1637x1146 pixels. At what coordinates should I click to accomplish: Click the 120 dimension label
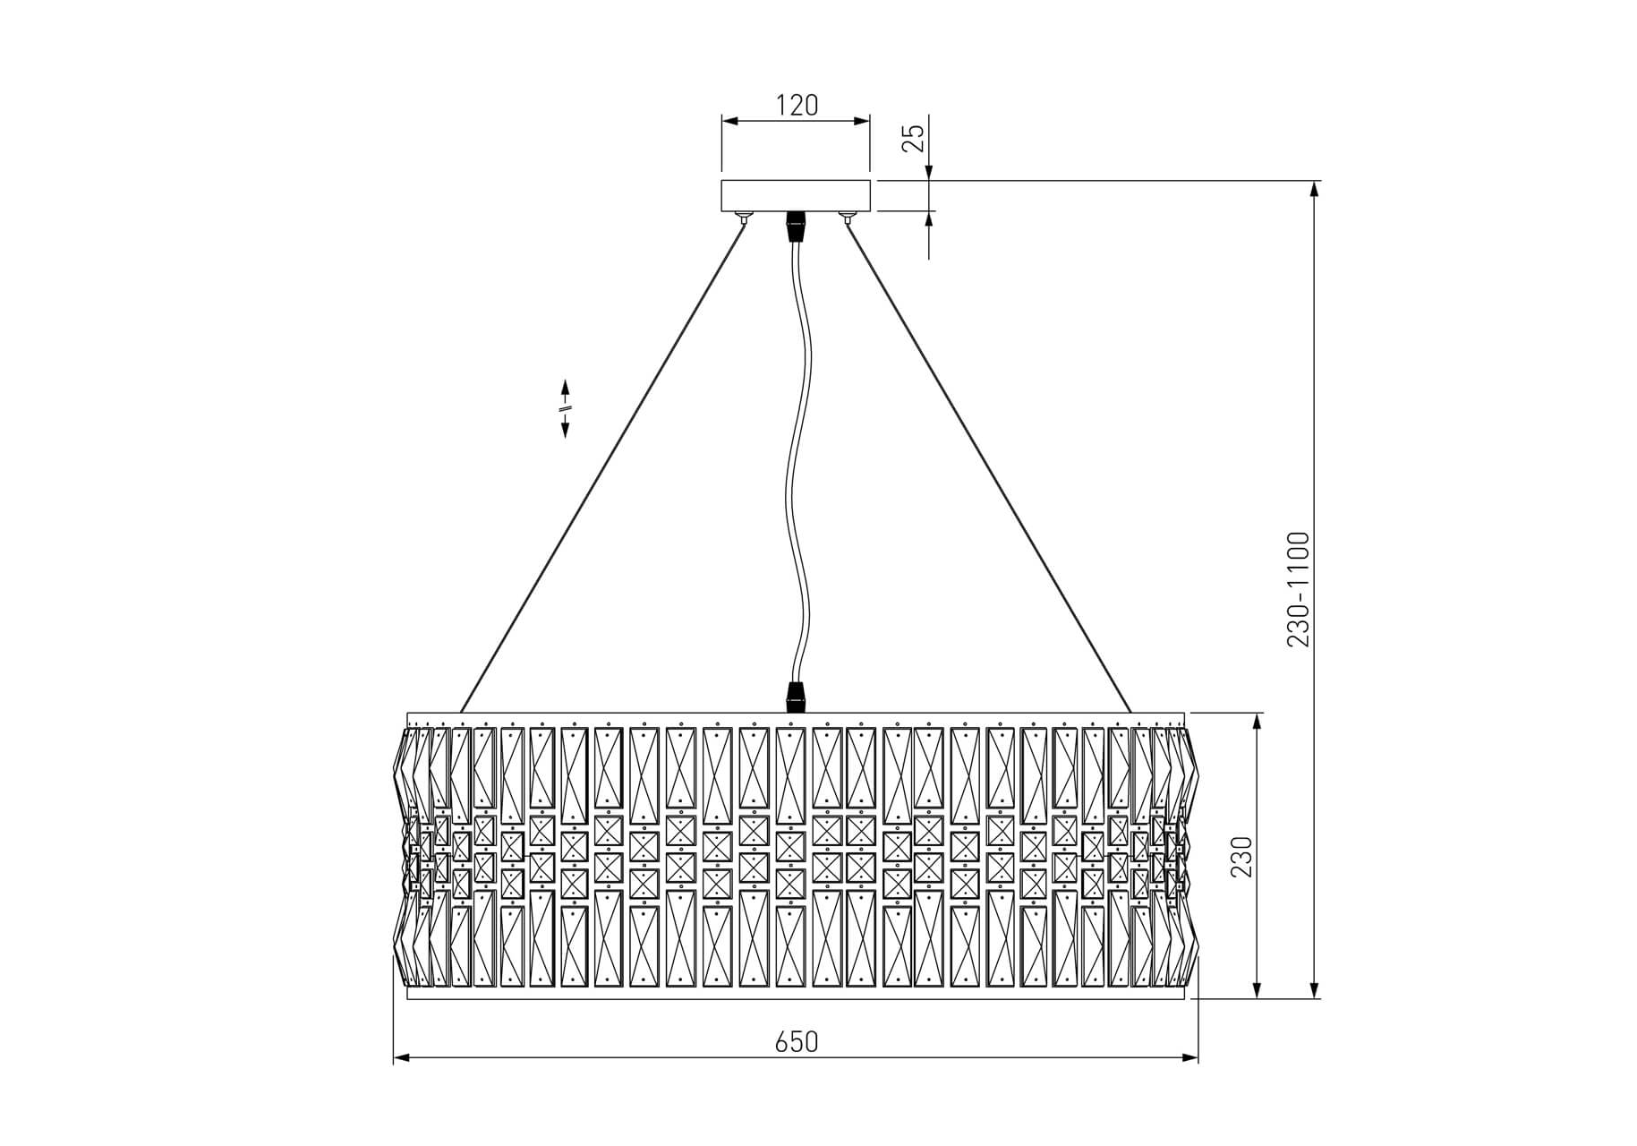(x=796, y=106)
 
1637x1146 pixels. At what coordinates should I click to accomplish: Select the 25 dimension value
(x=913, y=138)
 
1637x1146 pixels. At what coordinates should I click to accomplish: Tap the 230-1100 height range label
(x=1298, y=589)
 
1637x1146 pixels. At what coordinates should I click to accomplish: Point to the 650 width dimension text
(x=797, y=1041)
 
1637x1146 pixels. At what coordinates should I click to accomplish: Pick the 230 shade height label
(x=1241, y=856)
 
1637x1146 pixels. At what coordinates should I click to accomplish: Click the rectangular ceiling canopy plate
(x=796, y=196)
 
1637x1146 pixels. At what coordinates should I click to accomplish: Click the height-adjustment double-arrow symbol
(x=566, y=409)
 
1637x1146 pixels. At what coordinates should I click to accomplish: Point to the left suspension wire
(x=602, y=466)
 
